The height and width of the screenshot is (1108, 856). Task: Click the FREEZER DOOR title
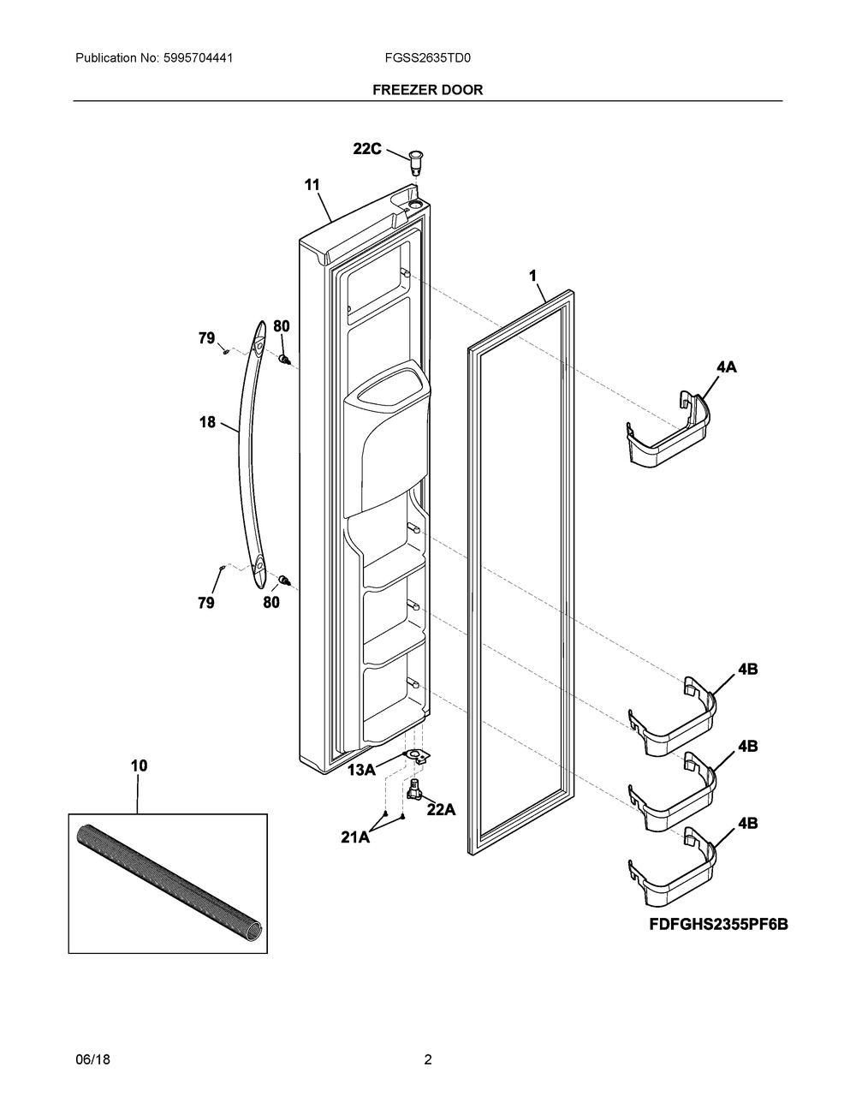[x=427, y=89]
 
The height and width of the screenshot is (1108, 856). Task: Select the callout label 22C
[x=367, y=148]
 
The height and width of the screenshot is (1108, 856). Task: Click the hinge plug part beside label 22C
[x=417, y=160]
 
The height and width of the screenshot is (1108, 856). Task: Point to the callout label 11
[x=312, y=184]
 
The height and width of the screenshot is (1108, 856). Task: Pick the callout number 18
[x=208, y=422]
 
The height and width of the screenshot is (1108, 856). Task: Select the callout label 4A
[x=726, y=367]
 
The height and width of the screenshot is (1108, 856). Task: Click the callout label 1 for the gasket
[x=532, y=276]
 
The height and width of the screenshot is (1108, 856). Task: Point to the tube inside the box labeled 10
[x=169, y=881]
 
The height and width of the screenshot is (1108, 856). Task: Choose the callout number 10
[x=139, y=766]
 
